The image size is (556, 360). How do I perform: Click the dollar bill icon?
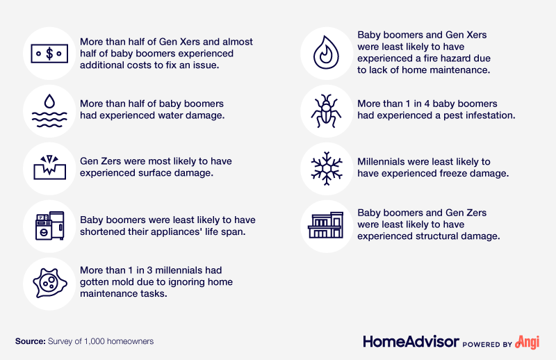pos(49,54)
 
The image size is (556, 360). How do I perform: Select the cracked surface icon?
pos(49,167)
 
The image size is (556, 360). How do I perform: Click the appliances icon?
pos(49,226)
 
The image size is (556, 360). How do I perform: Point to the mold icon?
pos(49,283)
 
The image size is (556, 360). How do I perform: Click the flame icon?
pos(326,52)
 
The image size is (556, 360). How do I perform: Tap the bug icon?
pos(326,111)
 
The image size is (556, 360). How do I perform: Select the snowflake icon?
pos(327,168)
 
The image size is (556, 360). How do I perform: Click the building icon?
pos(326,225)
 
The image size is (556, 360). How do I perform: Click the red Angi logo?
pos(528,342)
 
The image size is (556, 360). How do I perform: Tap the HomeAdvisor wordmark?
pos(411,342)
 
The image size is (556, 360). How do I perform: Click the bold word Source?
pos(31,341)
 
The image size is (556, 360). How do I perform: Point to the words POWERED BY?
pos(488,345)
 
